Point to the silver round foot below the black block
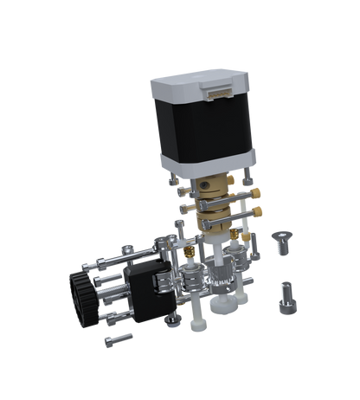pyautogui.click(x=173, y=319)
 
